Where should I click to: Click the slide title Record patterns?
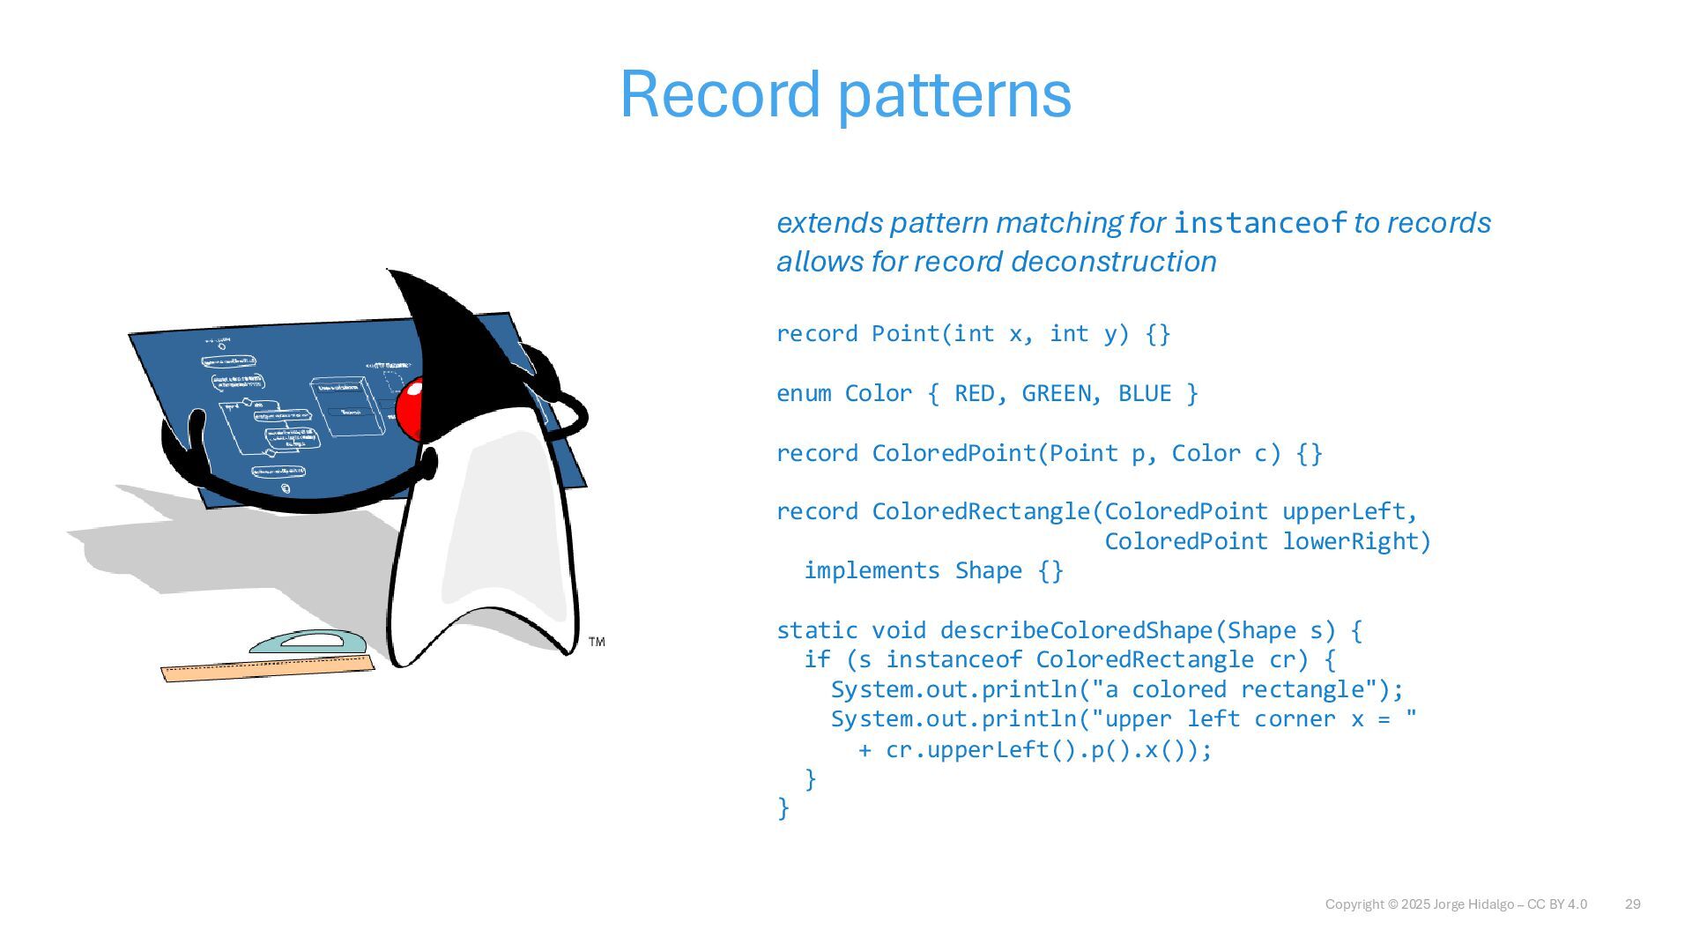point(846,94)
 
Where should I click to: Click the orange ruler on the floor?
point(267,669)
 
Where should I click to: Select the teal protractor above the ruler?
point(308,642)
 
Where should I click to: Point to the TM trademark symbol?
point(597,642)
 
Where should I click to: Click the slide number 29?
point(1632,904)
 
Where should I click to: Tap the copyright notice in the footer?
point(1456,904)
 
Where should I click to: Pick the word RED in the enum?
point(974,393)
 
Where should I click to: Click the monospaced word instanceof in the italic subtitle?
point(1260,223)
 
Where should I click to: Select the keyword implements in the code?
point(872,571)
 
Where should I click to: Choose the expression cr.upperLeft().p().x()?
point(1049,750)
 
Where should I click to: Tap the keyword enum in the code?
point(803,393)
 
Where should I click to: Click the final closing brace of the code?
point(783,808)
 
